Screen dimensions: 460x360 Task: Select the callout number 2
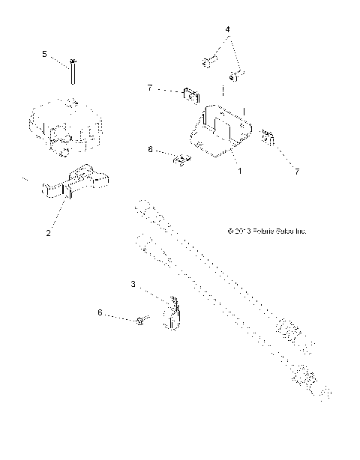coord(48,232)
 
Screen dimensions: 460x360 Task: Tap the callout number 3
coord(133,285)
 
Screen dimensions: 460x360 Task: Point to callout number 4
coord(228,29)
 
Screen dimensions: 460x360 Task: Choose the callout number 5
coord(44,54)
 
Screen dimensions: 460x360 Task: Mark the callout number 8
coord(150,150)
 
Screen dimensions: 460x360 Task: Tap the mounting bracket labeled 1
coord(220,130)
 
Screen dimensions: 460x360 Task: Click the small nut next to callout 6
coord(140,321)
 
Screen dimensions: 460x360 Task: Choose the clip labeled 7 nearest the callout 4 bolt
coord(191,95)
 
